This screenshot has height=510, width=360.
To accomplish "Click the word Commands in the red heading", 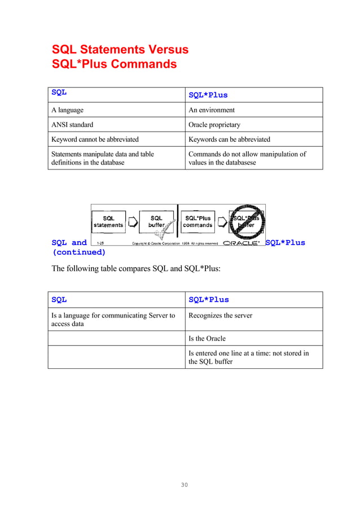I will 143,64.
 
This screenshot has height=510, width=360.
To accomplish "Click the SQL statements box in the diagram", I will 108,221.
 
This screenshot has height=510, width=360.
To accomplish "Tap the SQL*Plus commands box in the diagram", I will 198,221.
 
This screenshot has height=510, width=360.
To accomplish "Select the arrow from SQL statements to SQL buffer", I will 133,222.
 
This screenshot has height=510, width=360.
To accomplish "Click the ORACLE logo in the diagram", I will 242,243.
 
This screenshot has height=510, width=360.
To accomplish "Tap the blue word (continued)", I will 79,252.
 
